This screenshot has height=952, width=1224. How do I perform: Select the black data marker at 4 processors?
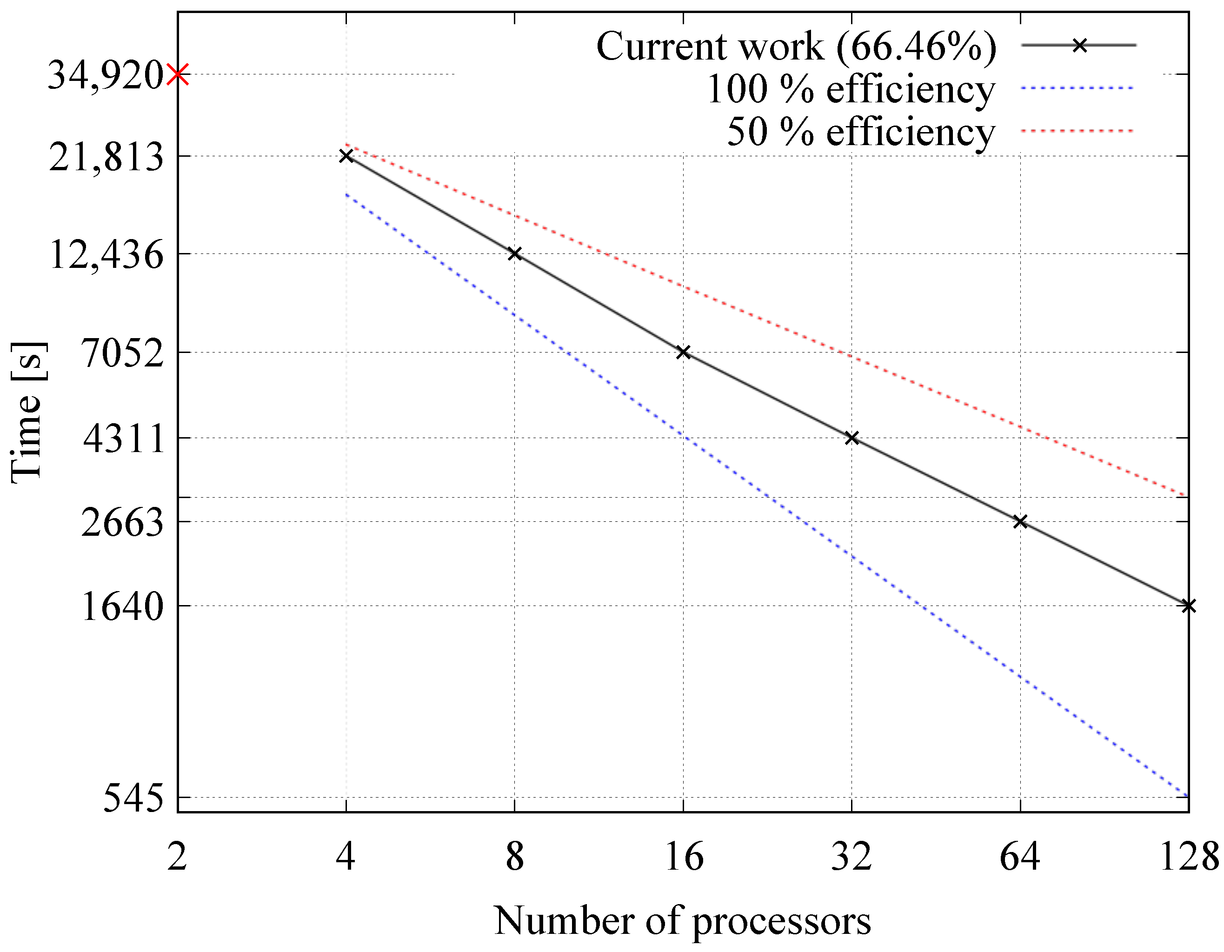[x=346, y=156]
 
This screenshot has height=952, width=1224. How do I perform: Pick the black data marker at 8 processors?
[x=514, y=254]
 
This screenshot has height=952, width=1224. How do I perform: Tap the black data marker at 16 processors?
[x=683, y=352]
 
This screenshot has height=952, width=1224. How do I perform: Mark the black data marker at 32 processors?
[x=852, y=438]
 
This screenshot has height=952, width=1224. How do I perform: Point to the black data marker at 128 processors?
[x=1188, y=606]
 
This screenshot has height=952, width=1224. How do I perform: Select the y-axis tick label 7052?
[x=123, y=353]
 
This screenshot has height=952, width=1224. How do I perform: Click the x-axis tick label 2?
[x=177, y=857]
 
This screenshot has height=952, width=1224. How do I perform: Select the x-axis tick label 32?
[x=851, y=857]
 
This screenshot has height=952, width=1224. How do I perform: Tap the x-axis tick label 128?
[x=1189, y=857]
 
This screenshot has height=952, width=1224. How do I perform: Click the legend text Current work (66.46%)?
[x=796, y=46]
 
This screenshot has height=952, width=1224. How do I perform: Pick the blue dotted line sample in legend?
[x=1077, y=88]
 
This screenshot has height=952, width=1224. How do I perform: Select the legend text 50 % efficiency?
[x=861, y=132]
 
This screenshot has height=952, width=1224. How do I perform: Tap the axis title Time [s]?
[x=28, y=412]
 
